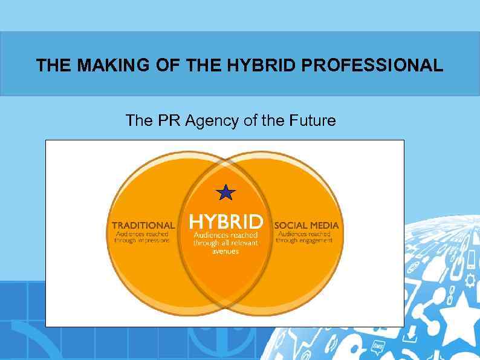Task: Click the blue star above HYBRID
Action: [x=225, y=193]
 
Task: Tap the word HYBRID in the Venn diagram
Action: [x=226, y=221]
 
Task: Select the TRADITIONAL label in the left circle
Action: [x=143, y=226]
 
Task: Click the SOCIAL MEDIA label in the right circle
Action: [x=306, y=226]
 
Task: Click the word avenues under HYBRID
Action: [x=225, y=251]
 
